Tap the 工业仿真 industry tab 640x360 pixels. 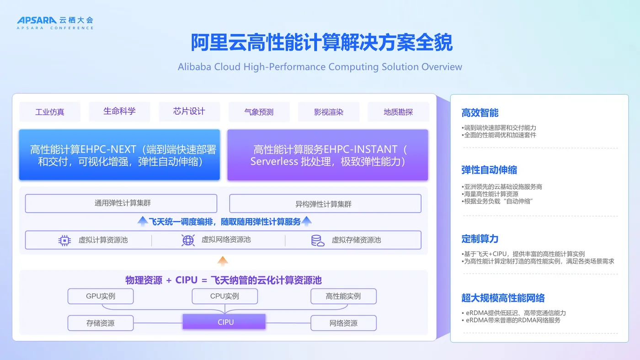pos(50,112)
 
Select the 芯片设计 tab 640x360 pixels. pos(189,111)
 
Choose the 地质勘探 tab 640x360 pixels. pos(398,112)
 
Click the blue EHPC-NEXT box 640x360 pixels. pos(119,155)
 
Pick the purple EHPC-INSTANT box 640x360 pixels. pos(328,155)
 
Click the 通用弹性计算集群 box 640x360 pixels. pos(121,203)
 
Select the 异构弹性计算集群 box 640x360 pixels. pos(325,204)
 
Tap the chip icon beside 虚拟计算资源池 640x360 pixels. pos(64,240)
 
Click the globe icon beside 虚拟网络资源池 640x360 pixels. pos(188,240)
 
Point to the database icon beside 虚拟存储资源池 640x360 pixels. pos(317,240)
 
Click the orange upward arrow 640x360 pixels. pos(223,261)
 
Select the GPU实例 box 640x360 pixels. pos(101,296)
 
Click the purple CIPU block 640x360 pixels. pos(224,322)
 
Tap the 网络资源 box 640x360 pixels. pos(343,323)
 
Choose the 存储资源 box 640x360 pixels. pos(101,323)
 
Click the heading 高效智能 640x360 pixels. pos(480,113)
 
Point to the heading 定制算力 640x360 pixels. pos(480,238)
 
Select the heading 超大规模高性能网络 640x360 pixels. pos(503,298)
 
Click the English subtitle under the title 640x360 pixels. pos(320,67)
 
